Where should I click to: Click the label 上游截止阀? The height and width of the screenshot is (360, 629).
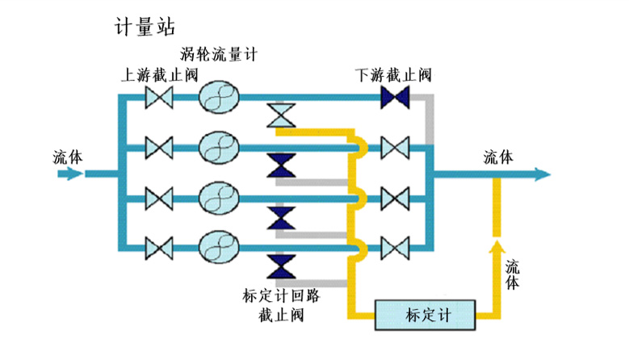pyautogui.click(x=159, y=75)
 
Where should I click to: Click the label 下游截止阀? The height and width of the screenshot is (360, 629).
pyautogui.click(x=393, y=75)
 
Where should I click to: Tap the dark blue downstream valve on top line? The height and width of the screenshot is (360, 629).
pyautogui.click(x=395, y=98)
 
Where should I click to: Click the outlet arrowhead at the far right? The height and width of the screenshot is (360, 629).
pyautogui.click(x=542, y=174)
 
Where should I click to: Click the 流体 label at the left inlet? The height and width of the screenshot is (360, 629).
pyautogui.click(x=67, y=155)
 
